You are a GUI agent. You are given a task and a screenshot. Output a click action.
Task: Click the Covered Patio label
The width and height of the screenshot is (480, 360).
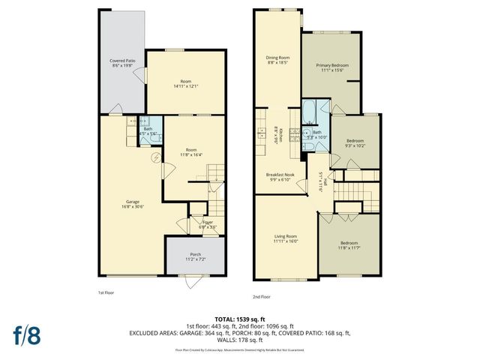click(x=121, y=60)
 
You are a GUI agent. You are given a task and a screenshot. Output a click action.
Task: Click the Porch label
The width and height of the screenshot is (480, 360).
click(x=195, y=256)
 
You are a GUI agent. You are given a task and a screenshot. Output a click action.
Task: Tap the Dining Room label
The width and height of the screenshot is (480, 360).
click(x=277, y=59)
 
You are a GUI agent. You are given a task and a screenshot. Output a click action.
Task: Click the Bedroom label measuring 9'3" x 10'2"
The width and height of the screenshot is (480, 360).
click(x=355, y=142)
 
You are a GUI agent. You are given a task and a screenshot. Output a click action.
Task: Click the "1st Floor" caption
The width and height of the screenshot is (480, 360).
click(x=106, y=292)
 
